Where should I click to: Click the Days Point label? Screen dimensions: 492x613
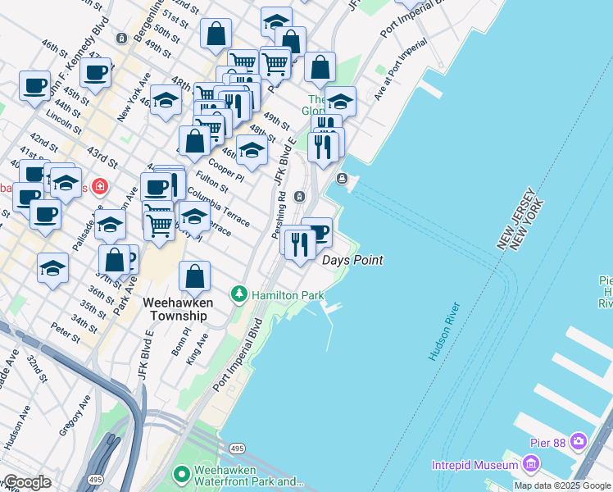(352, 260)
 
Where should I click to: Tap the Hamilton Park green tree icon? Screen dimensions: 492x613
(238, 293)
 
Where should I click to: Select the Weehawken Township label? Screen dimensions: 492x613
(178, 309)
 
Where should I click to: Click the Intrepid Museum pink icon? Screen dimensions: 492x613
(530, 466)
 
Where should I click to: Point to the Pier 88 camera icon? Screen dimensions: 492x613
(579, 442)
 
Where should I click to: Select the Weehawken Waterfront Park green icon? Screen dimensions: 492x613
(181, 474)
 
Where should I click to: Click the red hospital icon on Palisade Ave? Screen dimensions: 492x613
(100, 187)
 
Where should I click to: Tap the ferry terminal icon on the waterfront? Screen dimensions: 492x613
(342, 179)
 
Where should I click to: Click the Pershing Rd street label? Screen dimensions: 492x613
(280, 208)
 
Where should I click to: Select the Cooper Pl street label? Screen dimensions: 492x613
(226, 168)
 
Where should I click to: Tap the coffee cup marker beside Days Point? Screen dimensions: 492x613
(317, 231)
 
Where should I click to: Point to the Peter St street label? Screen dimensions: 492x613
(66, 332)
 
